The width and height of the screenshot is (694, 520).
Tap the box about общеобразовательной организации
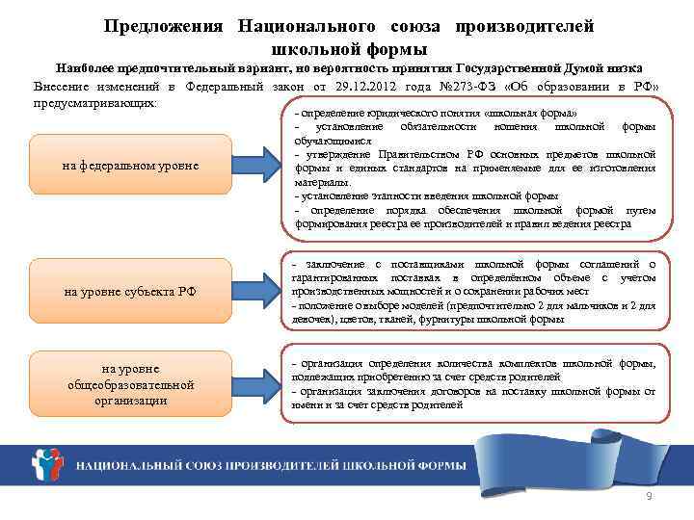pyautogui.click(x=130, y=384)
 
